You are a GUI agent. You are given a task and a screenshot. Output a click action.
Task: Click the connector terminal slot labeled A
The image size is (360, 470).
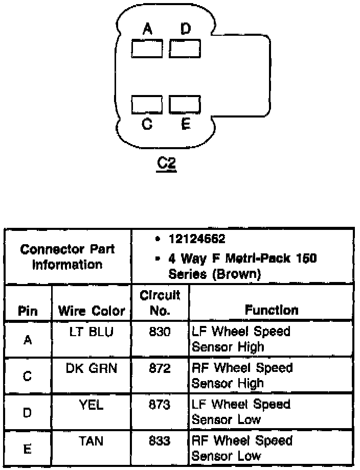(147, 49)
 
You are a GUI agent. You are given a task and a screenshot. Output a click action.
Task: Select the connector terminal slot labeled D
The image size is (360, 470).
(185, 49)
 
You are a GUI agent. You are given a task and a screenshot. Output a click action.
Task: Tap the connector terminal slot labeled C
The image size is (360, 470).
(147, 104)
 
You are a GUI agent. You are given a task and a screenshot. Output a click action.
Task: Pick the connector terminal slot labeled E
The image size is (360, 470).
(185, 104)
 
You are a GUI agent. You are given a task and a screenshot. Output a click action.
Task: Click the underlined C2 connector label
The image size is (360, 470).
(167, 164)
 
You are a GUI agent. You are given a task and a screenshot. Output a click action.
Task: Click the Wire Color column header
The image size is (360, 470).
(92, 311)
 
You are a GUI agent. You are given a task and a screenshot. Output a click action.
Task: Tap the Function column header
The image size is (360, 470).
(271, 310)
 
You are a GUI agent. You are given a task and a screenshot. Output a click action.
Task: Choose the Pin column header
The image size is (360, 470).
(28, 311)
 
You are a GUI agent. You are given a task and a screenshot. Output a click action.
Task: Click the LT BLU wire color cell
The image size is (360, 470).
(92, 332)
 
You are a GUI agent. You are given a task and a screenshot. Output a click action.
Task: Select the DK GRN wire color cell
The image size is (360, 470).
(92, 368)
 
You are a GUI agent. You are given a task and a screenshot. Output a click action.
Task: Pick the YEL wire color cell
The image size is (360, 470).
(92, 405)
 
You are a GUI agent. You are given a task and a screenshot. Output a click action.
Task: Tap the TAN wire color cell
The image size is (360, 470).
(92, 441)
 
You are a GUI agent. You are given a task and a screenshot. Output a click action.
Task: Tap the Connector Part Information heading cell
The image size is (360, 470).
(67, 257)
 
